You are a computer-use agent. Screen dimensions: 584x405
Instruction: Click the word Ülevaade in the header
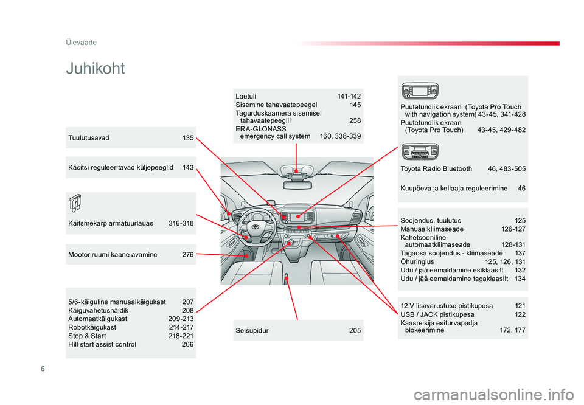coord(82,42)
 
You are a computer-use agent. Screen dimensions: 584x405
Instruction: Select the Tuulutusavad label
coord(89,138)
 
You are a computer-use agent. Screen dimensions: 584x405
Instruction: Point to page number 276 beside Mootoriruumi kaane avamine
coord(187,255)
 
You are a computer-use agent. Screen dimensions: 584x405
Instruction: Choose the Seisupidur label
coord(252,330)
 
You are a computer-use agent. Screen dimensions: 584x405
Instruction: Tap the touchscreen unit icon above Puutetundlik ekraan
coord(420,92)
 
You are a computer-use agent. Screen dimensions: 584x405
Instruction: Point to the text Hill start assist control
coord(102,344)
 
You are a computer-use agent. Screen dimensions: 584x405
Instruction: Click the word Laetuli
coord(246,96)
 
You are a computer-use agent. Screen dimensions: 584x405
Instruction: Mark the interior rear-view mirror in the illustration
coord(296,185)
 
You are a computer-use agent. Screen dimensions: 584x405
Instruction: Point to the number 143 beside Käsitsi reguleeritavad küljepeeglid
coord(188,167)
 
